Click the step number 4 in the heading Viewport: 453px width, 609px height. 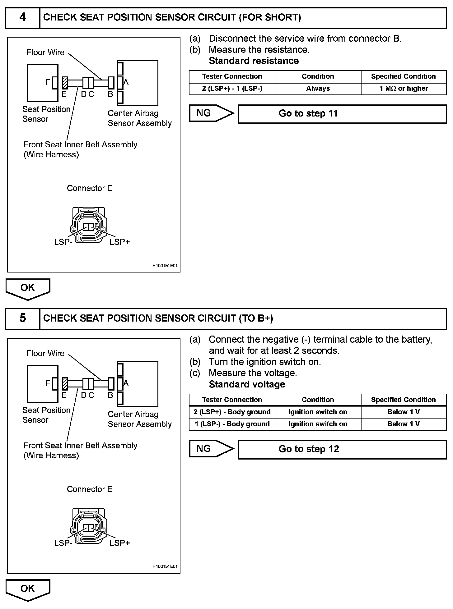point(23,17)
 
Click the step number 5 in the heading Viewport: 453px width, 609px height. point(23,318)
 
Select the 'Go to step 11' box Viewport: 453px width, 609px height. point(342,114)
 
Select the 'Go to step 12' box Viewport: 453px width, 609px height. point(342,449)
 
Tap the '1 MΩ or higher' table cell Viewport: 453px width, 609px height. point(404,89)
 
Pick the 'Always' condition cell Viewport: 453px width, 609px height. point(318,89)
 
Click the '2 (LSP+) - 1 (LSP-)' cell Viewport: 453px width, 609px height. point(232,89)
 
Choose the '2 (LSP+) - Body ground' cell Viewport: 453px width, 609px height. point(232,412)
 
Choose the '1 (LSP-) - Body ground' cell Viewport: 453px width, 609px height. point(232,424)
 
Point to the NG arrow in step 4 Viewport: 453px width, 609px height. point(211,113)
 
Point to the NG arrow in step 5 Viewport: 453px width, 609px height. point(211,449)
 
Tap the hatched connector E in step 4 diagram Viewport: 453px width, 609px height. point(65,83)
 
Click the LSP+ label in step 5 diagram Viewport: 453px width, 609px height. point(120,543)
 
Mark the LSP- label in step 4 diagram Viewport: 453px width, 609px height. point(63,242)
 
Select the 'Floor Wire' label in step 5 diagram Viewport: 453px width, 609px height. point(45,353)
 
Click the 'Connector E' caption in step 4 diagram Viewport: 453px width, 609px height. point(90,188)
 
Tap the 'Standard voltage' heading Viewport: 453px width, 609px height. point(247,384)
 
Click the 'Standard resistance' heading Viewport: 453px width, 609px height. point(254,61)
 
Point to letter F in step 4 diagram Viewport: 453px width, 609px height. point(48,82)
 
